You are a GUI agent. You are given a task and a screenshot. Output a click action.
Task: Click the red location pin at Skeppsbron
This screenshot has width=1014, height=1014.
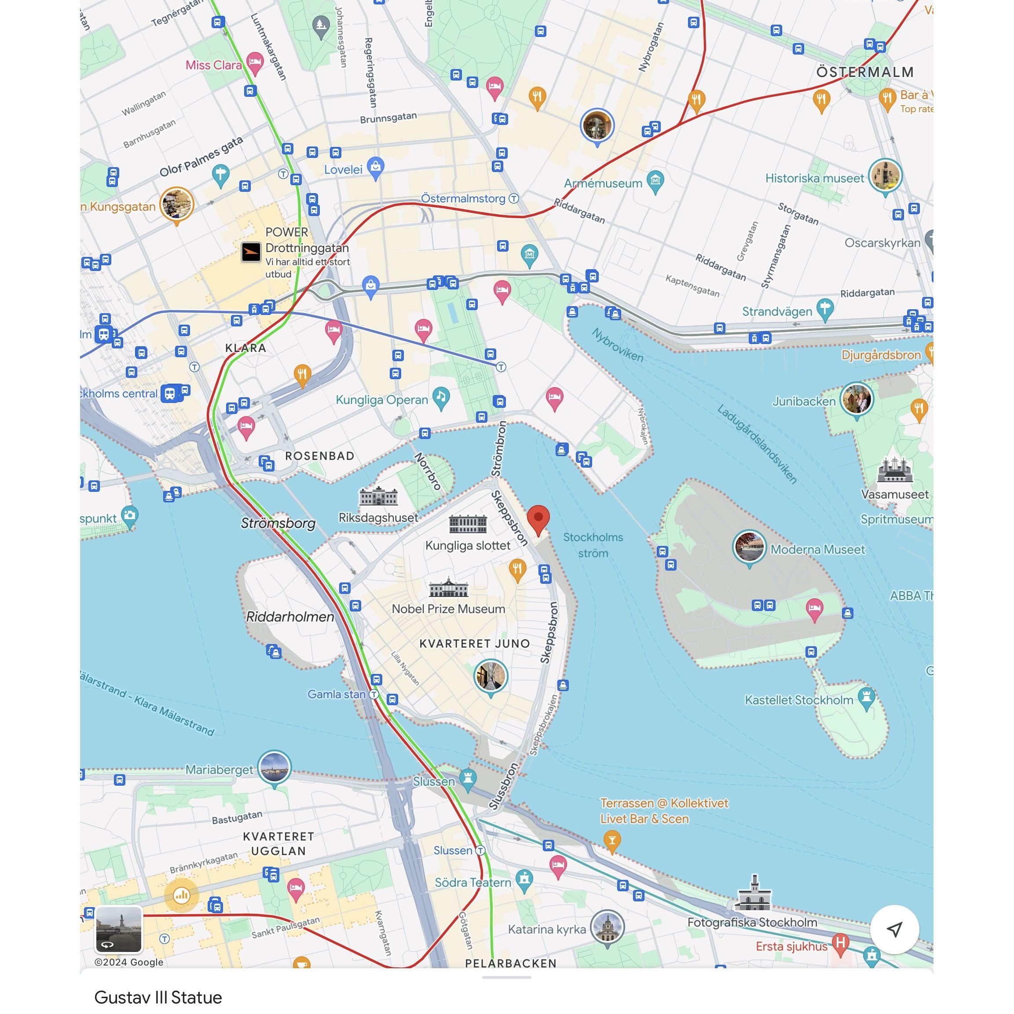538,519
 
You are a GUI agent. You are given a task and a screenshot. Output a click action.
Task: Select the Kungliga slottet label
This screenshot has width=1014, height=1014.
468,546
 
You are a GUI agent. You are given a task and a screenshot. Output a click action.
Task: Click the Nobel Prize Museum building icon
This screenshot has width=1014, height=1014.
448,588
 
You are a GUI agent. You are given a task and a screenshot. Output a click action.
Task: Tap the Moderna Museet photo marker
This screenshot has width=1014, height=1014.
749,547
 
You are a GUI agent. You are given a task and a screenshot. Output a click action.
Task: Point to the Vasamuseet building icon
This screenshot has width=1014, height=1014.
895,470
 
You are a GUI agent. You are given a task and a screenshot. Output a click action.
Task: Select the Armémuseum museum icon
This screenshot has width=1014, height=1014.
655,181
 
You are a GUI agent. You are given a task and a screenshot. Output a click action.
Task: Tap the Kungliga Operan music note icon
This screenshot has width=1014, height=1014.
441,399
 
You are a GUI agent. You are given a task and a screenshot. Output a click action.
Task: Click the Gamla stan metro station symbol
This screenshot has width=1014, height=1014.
373,694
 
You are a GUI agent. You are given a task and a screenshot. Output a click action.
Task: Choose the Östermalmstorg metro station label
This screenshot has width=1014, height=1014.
463,198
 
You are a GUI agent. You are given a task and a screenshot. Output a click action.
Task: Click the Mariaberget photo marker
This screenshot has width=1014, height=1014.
275,767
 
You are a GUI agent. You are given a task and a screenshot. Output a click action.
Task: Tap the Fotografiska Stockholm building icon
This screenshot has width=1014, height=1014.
754,894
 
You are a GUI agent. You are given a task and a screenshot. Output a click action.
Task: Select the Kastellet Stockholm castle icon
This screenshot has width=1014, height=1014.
867,698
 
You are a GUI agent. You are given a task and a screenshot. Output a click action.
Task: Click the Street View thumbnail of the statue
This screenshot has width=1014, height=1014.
119,929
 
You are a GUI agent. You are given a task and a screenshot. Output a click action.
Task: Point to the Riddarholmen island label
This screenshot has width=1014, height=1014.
290,617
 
